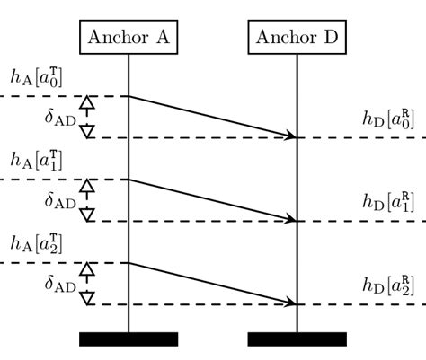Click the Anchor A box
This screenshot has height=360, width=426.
[129, 38]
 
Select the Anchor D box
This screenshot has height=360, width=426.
[297, 38]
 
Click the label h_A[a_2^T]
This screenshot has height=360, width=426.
[36, 244]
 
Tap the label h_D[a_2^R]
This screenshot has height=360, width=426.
[388, 286]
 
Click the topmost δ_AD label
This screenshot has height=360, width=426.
[60, 117]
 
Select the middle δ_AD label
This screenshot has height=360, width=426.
[60, 200]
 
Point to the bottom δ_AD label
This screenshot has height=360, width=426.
[60, 284]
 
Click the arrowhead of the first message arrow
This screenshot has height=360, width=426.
[291, 136]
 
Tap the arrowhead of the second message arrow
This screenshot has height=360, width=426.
[291, 219]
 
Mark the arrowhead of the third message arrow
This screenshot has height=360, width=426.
[291, 303]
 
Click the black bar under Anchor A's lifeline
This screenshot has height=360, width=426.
[129, 338]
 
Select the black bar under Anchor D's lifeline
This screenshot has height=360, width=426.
[297, 338]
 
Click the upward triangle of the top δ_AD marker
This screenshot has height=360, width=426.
[87, 103]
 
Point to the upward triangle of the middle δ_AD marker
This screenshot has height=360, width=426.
[87, 187]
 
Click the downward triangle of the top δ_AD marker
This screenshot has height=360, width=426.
[87, 131]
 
